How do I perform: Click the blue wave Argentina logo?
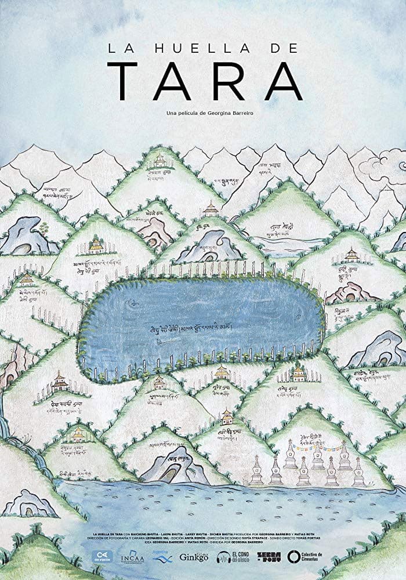click(164, 559)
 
